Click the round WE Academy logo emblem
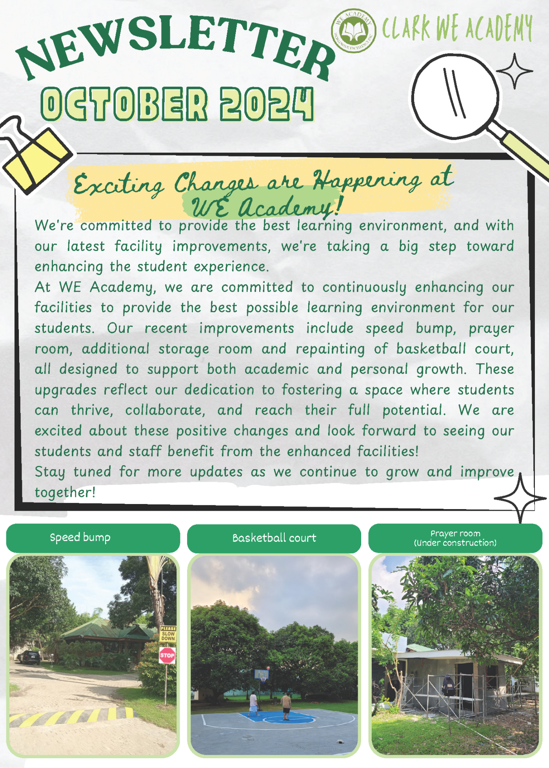(353, 31)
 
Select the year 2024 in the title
(267, 104)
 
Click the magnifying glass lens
(455, 95)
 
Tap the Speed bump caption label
(80, 537)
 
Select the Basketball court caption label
(274, 538)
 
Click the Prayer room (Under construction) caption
(455, 538)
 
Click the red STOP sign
(167, 655)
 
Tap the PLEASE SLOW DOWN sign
(168, 633)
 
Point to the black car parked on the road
(29, 657)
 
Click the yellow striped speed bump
(71, 716)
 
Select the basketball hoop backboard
(262, 675)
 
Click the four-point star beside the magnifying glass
(514, 71)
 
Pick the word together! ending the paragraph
(65, 493)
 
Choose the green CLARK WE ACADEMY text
(457, 28)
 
